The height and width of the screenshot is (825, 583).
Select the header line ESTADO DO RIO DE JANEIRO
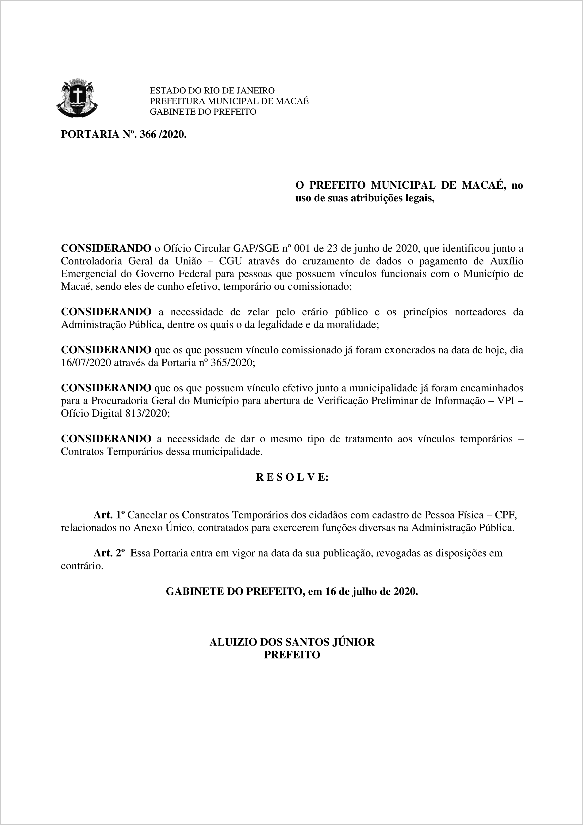click(x=212, y=90)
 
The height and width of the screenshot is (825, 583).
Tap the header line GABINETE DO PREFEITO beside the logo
click(x=203, y=112)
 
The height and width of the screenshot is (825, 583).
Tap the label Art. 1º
click(x=109, y=515)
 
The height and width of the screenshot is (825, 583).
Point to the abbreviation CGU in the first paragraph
click(x=231, y=261)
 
